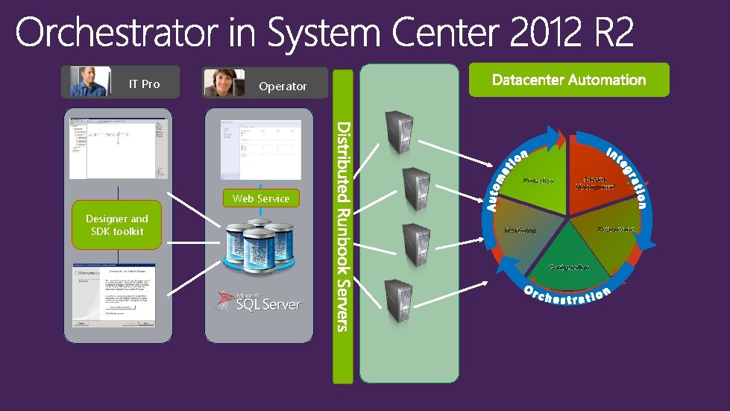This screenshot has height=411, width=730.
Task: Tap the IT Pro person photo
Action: (88, 82)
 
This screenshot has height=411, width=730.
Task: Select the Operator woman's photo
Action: (224, 83)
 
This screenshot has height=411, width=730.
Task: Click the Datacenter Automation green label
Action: (568, 80)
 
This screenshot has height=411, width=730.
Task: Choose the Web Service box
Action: (260, 198)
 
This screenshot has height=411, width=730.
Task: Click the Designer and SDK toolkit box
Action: (116, 225)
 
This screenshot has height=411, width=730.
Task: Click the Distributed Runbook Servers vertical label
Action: (342, 224)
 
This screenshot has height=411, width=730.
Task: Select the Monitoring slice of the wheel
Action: (522, 230)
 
